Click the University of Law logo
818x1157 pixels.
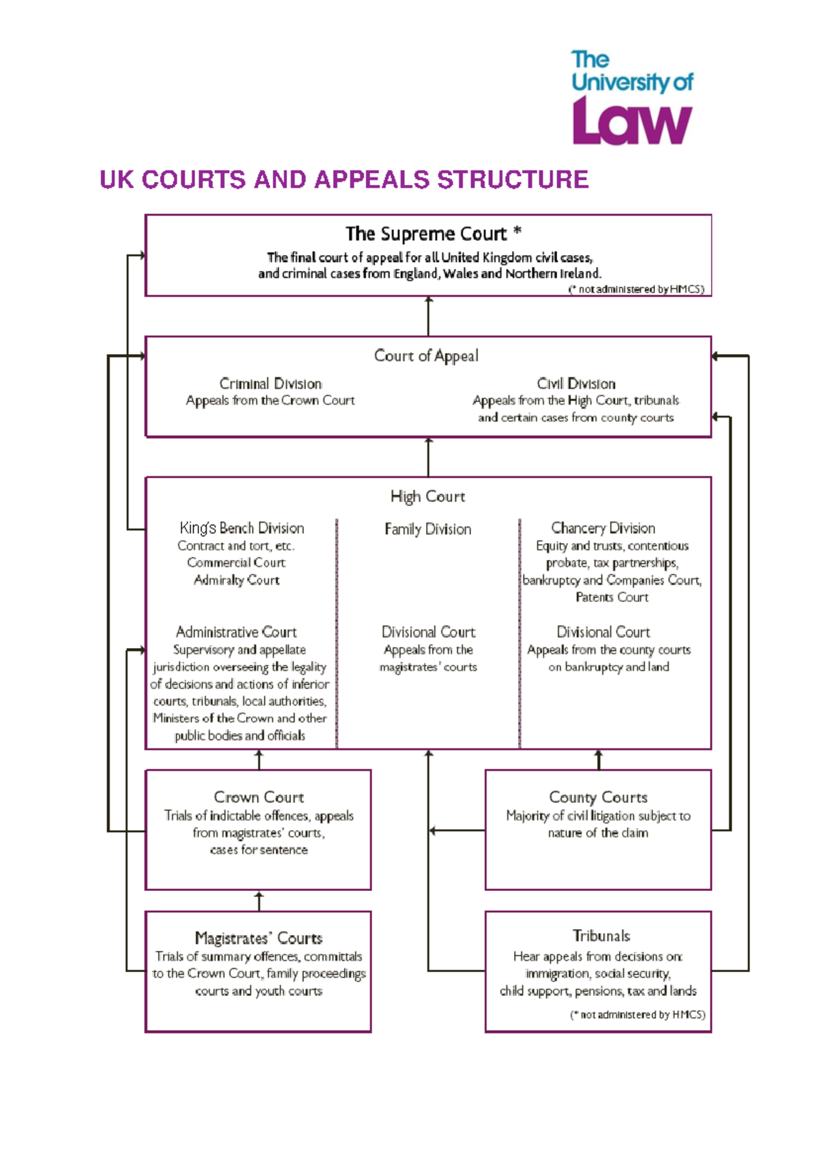[632, 98]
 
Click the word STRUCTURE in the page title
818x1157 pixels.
[513, 180]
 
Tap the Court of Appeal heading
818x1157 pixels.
[427, 355]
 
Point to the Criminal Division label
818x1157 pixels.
[271, 383]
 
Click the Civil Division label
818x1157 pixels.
[576, 383]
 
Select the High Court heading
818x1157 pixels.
[427, 497]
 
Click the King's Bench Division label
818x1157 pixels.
[242, 528]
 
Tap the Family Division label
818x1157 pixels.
[427, 529]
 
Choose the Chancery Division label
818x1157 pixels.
[603, 528]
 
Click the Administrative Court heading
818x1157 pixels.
[236, 632]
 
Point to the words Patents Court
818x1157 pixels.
[611, 598]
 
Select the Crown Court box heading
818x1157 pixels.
[259, 797]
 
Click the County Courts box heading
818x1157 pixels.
[598, 797]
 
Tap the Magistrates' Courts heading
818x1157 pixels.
[259, 938]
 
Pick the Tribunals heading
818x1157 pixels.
[601, 936]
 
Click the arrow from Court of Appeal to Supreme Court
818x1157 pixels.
[428, 316]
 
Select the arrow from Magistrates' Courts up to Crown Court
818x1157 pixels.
[259, 900]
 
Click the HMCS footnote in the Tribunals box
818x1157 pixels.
[637, 1014]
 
